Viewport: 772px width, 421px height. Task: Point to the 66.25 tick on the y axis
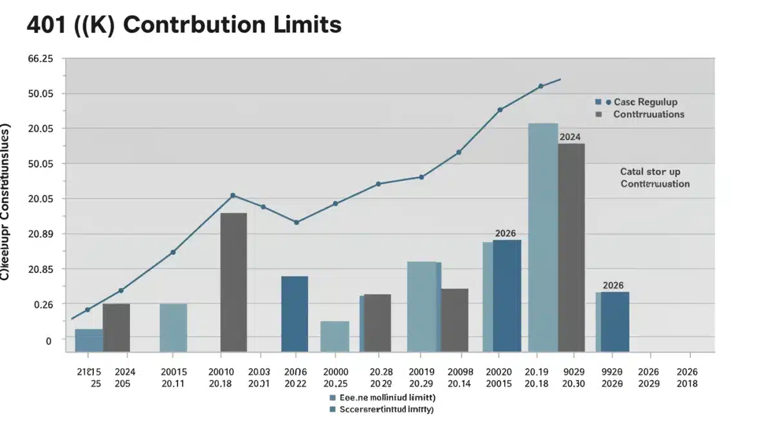pyautogui.click(x=41, y=59)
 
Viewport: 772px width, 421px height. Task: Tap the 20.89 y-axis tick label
pyautogui.click(x=41, y=234)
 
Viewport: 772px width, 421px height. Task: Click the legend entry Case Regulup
pyautogui.click(x=645, y=102)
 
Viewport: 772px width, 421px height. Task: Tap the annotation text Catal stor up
pyautogui.click(x=650, y=172)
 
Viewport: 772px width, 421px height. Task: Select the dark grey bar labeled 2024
pyautogui.click(x=571, y=247)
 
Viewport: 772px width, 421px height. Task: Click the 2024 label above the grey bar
pyautogui.click(x=570, y=136)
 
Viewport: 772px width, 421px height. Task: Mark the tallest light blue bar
pyautogui.click(x=542, y=237)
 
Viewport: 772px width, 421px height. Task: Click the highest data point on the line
pyautogui.click(x=540, y=86)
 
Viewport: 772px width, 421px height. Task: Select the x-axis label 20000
pyautogui.click(x=335, y=372)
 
